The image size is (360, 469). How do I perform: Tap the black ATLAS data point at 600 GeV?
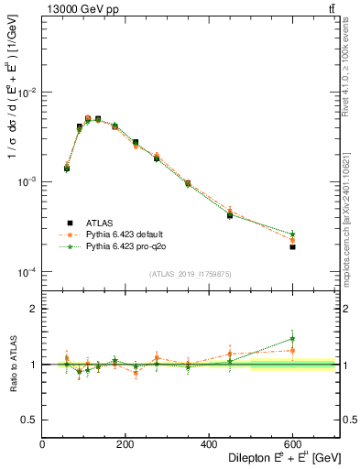tap(292, 247)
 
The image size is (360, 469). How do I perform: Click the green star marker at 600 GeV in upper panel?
tap(292, 234)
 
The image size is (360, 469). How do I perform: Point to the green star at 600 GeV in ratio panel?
tap(292, 338)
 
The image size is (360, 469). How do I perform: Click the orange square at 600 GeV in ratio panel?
tap(292, 350)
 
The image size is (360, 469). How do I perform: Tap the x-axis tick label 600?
tap(292, 444)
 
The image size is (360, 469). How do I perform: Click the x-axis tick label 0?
tap(42, 444)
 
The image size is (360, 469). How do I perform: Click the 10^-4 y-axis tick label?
tap(27, 272)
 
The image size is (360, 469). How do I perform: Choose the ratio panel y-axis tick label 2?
tap(33, 309)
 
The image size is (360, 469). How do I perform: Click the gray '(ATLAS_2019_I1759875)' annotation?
tap(191, 274)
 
